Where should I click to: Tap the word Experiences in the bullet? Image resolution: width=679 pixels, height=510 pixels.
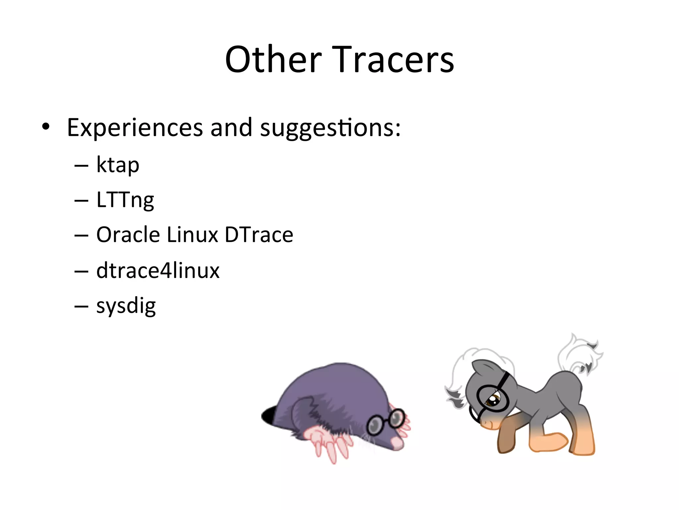(135, 127)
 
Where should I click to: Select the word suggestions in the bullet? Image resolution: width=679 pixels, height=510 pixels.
(330, 128)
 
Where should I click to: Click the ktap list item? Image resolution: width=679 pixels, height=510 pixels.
(118, 165)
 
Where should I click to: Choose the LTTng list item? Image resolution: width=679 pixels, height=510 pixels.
(125, 200)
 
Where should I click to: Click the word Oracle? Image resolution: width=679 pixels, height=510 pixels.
(128, 235)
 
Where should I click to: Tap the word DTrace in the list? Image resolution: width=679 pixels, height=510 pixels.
(259, 235)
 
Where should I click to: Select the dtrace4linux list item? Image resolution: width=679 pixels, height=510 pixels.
(158, 270)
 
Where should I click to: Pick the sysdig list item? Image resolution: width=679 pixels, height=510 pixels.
(126, 306)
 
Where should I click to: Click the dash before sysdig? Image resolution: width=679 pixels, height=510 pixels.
(82, 306)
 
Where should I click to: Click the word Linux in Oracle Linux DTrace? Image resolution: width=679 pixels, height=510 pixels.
(192, 235)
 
